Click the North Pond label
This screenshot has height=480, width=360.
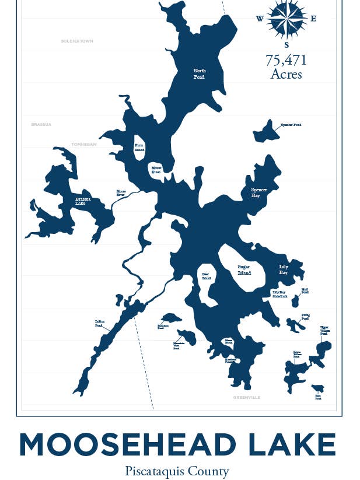pos(200,73)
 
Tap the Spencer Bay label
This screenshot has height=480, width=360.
pos(259,193)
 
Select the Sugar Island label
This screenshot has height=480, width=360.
pos(244,269)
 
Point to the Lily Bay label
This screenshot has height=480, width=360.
pos(283,269)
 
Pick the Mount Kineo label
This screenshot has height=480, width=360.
pos(156,170)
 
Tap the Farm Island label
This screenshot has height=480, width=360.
pos(139,147)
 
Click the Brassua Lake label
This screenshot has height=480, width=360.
pos(84,201)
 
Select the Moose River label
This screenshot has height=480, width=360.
pos(121,192)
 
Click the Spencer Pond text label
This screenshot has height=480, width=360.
pos(291,125)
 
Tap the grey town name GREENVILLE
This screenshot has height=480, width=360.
pos(247,397)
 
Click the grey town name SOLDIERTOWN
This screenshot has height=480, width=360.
pos(77,41)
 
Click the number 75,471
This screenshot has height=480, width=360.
pos(286,60)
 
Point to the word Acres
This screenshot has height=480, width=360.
pos(286,74)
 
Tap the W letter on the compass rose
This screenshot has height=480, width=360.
pos(260,18)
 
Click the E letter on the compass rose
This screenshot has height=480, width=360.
pos(313,18)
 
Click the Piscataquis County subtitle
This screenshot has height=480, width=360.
pos(177,471)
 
